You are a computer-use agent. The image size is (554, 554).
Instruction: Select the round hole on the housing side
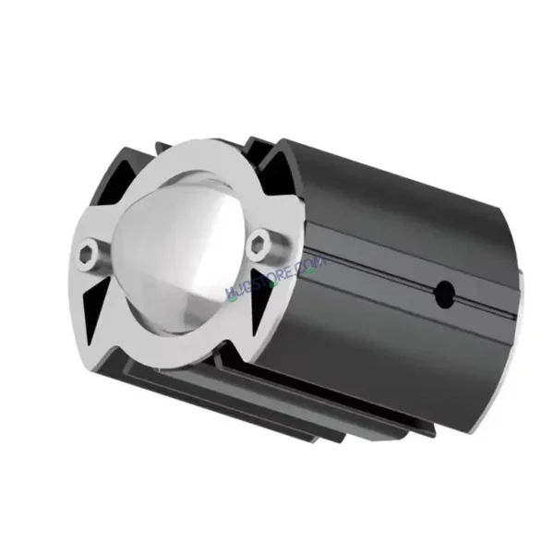(444, 294)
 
